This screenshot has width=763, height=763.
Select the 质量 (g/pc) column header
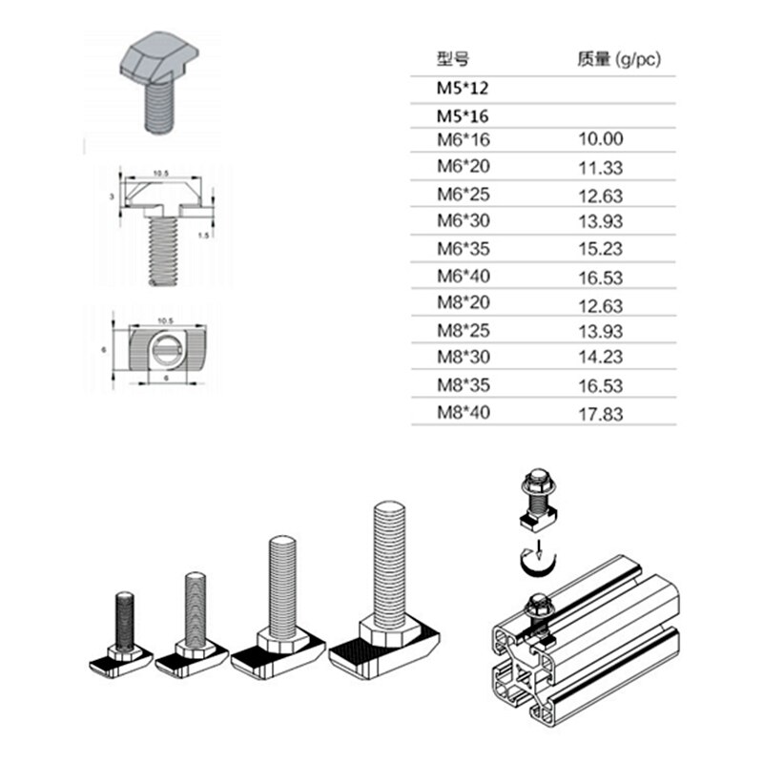pos(618,59)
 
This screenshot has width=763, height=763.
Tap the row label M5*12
pos(463,88)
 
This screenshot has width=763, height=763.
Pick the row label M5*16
pos(463,114)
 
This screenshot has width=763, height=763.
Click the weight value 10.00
pos(601,139)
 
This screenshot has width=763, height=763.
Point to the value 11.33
pos(601,167)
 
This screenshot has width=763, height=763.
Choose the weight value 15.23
pos(601,250)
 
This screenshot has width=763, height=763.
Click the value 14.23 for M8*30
pos(601,361)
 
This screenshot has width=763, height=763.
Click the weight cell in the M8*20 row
pos(601,305)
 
